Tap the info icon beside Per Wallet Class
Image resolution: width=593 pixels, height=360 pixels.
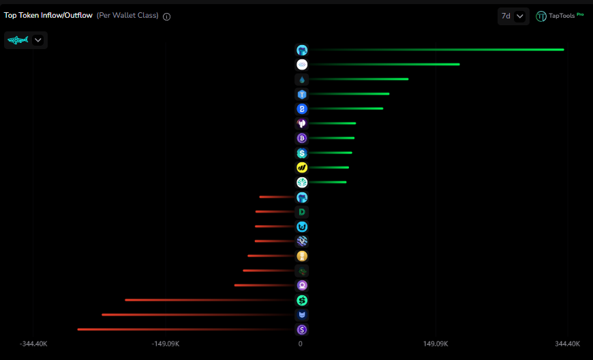pos(167,16)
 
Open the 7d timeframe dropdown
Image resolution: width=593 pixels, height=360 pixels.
pos(513,16)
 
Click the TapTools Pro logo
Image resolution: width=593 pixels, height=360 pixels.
pos(559,16)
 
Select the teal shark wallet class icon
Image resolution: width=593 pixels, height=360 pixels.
pos(17,40)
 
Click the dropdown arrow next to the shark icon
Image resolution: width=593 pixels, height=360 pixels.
pos(38,40)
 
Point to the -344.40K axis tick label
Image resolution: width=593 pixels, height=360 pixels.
pos(33,344)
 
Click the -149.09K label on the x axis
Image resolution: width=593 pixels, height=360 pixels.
pos(166,344)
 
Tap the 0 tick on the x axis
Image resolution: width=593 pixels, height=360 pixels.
pos(300,344)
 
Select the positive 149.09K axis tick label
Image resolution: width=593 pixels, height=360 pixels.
pos(435,344)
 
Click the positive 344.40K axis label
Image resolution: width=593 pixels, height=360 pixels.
pos(567,344)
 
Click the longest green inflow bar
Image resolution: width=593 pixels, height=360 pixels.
pos(436,50)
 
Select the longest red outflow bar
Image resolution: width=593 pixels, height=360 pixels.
pos(184,329)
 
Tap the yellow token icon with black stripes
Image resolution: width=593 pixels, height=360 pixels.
pos(302,168)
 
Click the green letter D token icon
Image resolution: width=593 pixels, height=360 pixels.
pos(302,212)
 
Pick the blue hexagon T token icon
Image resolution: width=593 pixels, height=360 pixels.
pos(302,94)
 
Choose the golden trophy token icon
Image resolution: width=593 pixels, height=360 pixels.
pos(302,256)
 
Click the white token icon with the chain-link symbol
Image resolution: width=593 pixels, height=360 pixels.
pos(302,65)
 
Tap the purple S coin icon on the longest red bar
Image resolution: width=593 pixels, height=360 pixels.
pos(302,330)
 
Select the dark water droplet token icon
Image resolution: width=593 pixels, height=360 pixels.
pos(302,79)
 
